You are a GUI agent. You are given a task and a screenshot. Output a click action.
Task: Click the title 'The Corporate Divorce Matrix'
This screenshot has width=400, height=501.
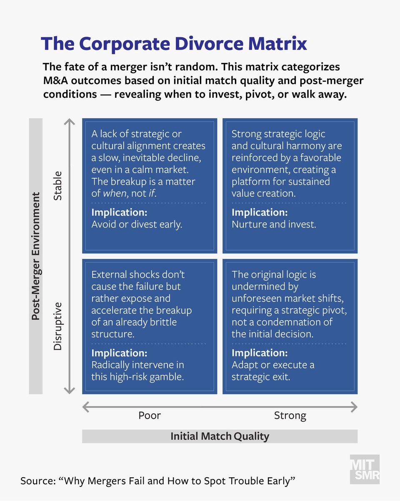174,44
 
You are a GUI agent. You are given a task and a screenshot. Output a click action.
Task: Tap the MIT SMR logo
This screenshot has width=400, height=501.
364,469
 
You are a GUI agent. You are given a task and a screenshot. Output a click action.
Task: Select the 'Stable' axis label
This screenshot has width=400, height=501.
57,185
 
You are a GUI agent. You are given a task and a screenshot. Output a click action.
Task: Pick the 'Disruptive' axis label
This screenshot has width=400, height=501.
57,326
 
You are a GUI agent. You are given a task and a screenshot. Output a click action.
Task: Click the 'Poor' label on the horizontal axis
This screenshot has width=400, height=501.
150,415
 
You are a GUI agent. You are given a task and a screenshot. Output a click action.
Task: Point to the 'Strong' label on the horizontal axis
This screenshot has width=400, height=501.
290,415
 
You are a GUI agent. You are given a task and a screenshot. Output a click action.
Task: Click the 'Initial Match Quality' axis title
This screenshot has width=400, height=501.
220,436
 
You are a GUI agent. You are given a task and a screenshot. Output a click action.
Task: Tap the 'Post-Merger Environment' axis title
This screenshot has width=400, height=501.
36,256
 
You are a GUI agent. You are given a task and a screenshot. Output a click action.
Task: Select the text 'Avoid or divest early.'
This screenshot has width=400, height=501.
137,224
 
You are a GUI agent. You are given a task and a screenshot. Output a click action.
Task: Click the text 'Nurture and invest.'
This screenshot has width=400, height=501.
274,224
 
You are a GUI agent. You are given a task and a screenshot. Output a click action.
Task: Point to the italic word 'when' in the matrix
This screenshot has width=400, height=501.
114,193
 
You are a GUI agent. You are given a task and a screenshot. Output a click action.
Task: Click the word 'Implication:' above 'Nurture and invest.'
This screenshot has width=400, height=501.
260,213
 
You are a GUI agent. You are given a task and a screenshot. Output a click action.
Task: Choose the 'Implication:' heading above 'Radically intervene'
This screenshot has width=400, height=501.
119,353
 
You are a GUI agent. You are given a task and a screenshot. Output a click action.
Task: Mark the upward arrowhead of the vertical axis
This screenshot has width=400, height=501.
70,122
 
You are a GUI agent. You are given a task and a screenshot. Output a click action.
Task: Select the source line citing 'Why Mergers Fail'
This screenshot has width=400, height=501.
158,481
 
